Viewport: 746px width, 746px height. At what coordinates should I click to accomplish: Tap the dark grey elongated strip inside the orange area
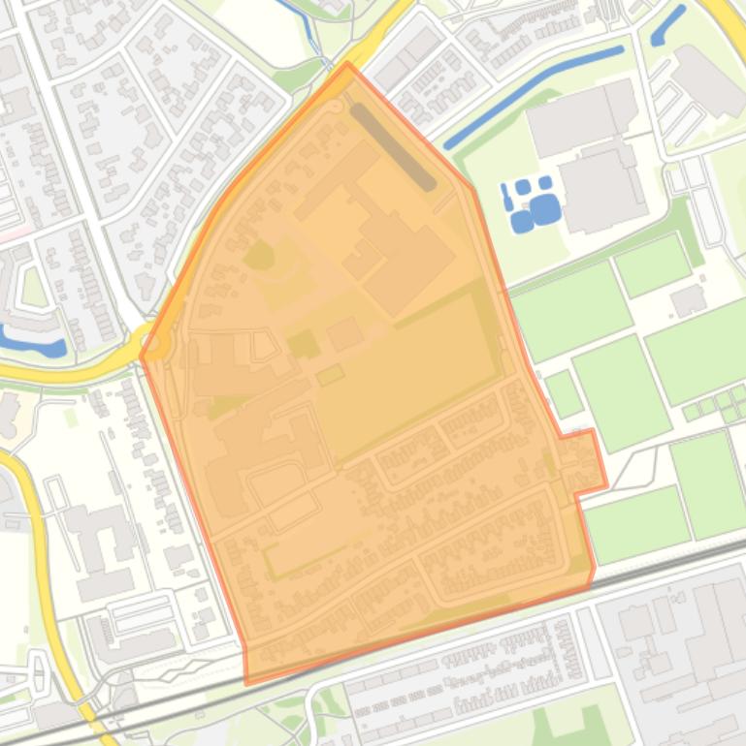[392, 146]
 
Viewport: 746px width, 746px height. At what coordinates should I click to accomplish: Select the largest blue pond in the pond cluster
[545, 208]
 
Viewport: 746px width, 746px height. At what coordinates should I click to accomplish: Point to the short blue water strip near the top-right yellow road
[668, 25]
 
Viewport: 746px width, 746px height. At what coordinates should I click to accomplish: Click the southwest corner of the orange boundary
[246, 682]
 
